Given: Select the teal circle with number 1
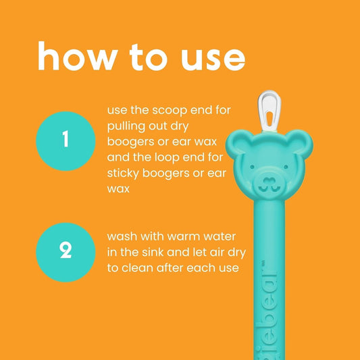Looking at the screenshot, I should click(x=66, y=140).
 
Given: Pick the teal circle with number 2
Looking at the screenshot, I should click(x=66, y=252).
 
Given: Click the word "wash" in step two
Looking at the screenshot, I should click(x=122, y=238).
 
